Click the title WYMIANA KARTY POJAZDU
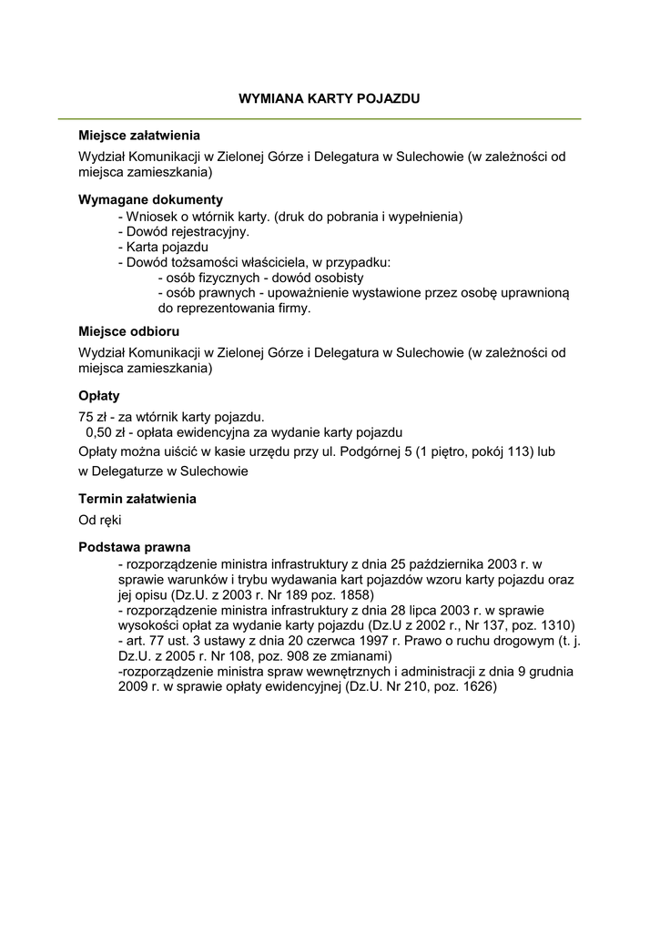coord(330,97)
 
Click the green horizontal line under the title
coord(320,119)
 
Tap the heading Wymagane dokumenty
coord(150,199)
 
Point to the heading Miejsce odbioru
coord(128,331)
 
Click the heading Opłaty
coord(99,396)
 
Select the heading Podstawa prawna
coord(135,547)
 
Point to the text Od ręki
coord(100,520)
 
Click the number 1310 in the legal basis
coord(555,625)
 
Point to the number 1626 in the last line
coord(477,687)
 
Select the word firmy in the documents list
coord(292,309)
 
